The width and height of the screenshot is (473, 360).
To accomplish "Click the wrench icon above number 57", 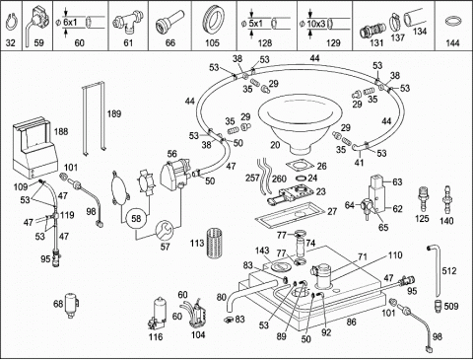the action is (x=164, y=231).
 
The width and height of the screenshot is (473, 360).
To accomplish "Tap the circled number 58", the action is (x=136, y=219).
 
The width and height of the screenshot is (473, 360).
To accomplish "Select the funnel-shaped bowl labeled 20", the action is (x=300, y=123).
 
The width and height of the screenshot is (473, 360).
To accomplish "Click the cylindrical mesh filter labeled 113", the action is (x=215, y=244).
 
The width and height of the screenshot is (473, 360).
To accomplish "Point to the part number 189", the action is (x=114, y=114).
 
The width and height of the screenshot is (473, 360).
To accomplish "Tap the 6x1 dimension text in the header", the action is (x=70, y=23).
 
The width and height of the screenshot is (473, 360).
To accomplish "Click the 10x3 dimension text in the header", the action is (x=317, y=24).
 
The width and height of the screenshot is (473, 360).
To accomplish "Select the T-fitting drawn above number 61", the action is (x=128, y=21).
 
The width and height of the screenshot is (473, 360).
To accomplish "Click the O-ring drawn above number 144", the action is (x=453, y=22).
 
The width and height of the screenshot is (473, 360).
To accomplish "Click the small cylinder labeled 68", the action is (x=71, y=305).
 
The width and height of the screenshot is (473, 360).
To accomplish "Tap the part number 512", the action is (x=449, y=271).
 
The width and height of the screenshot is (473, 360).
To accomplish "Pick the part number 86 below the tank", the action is (x=352, y=322).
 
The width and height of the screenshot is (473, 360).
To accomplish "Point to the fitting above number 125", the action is (x=423, y=199).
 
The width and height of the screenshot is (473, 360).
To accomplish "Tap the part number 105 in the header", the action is (x=212, y=43).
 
